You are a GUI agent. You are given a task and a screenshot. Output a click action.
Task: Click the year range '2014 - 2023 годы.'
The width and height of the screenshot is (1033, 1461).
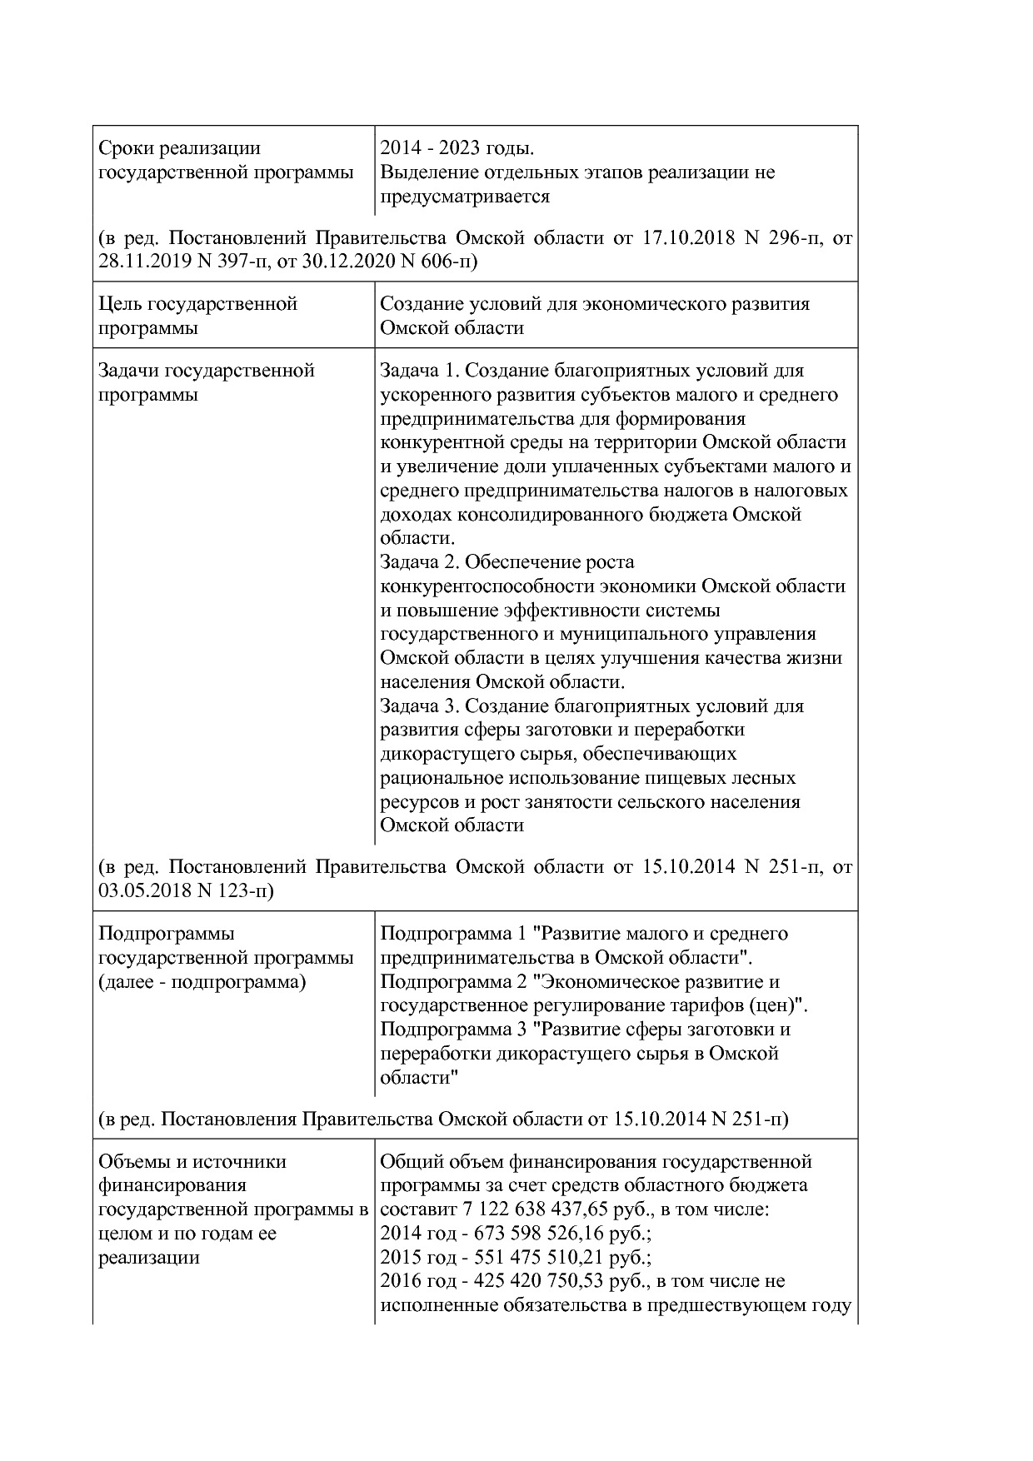[x=457, y=148]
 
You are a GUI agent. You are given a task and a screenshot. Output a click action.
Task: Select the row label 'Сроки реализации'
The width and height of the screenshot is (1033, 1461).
[x=179, y=148]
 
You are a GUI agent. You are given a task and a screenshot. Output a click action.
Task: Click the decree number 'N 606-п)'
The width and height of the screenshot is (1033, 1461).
[x=439, y=262]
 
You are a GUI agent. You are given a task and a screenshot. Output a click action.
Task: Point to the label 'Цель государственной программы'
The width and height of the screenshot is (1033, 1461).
[x=197, y=316]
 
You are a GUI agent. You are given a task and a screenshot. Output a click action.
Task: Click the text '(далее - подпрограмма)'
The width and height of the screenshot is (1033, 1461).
[x=202, y=982]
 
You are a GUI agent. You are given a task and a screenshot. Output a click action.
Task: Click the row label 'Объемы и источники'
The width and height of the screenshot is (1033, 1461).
[x=192, y=1161]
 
